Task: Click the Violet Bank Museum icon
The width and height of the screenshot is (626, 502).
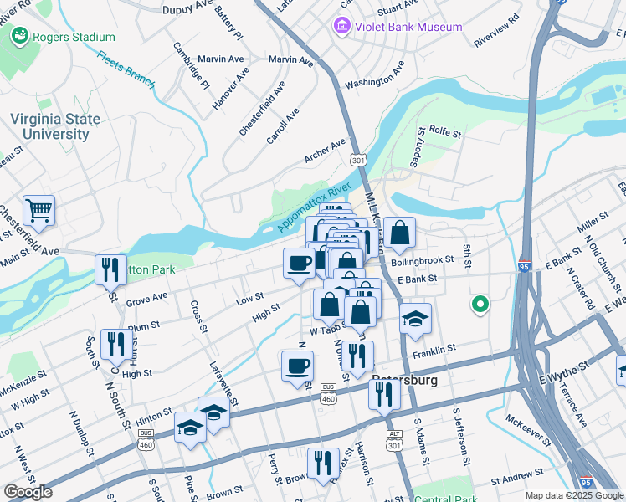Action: coord(341,27)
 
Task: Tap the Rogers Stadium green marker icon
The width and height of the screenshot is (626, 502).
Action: coord(18,37)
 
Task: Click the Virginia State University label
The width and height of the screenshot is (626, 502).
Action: coord(55,127)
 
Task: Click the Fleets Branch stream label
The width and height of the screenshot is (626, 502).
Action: coord(126,70)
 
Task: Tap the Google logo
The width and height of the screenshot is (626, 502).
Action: coord(28,492)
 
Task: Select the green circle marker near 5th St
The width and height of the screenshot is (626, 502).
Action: coord(480,305)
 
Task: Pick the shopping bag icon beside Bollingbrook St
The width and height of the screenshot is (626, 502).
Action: coord(400,233)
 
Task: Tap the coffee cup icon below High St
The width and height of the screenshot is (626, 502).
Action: coord(297,366)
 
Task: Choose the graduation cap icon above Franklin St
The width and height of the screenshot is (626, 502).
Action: coord(415,319)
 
